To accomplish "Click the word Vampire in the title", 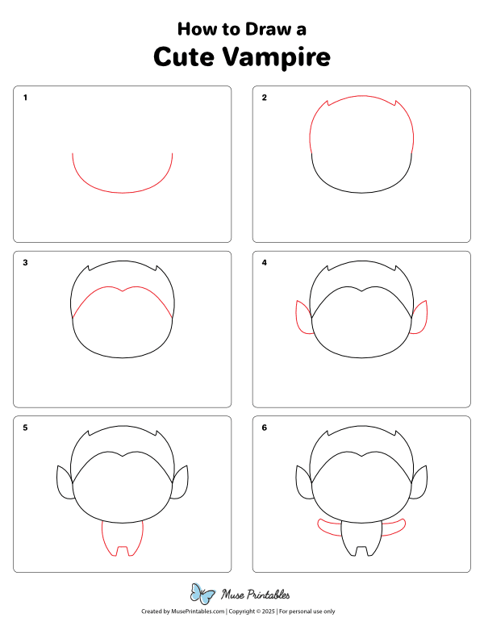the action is (x=277, y=57).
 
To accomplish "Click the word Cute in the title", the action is (x=184, y=56).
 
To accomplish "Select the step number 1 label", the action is (x=25, y=98).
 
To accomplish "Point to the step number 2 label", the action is (x=265, y=98).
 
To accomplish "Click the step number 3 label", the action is (x=25, y=262).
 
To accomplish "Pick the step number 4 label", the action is (x=265, y=262).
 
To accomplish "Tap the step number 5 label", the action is (x=25, y=428).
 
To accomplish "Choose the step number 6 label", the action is (x=265, y=428).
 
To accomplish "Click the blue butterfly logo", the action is (x=202, y=594).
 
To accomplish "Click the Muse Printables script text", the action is (x=256, y=595).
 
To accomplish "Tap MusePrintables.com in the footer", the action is (x=198, y=611).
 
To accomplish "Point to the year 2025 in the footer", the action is (x=269, y=611).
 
